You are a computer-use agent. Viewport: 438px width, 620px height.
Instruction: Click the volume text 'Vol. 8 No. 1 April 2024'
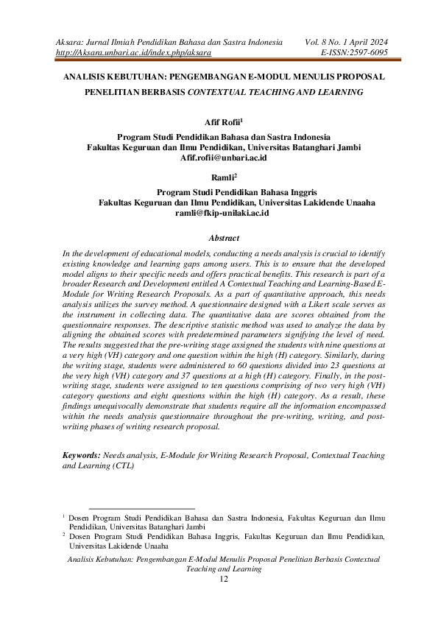tap(346, 41)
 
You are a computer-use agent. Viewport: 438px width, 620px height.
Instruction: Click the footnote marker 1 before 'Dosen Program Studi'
tap(64, 518)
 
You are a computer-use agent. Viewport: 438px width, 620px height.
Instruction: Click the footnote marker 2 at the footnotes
tap(64, 537)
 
